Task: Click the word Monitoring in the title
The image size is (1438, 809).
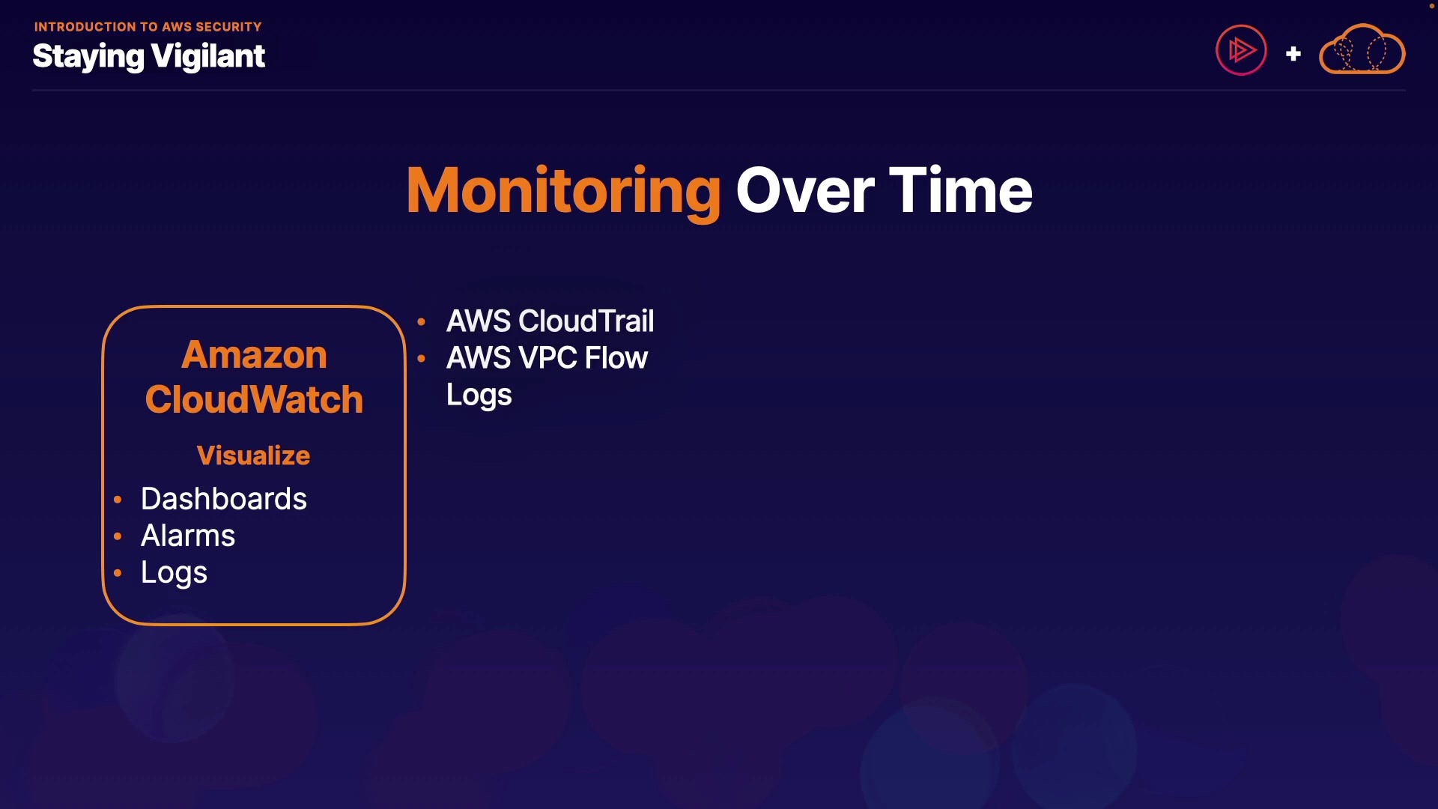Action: tap(563, 191)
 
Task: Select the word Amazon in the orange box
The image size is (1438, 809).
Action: tap(254, 354)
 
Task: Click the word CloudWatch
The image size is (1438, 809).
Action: tap(254, 399)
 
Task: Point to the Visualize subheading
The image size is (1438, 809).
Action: tap(253, 455)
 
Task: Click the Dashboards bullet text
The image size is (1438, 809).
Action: tap(223, 499)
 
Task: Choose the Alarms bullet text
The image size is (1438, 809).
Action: tap(188, 536)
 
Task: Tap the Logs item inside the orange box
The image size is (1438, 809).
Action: tap(174, 573)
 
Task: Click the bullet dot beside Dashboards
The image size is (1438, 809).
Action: tap(118, 500)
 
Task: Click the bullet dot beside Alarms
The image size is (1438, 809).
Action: tap(118, 536)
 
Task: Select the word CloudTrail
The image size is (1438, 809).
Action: tap(586, 321)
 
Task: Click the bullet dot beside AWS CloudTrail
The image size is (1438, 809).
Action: tap(422, 322)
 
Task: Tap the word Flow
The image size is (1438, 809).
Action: tap(616, 358)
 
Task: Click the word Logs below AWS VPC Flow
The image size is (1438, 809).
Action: tap(479, 396)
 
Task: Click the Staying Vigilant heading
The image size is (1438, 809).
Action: tap(148, 56)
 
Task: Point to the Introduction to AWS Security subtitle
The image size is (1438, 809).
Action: tap(148, 27)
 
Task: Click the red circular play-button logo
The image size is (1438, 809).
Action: tap(1241, 50)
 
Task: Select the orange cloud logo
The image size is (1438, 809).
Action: tap(1362, 50)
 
